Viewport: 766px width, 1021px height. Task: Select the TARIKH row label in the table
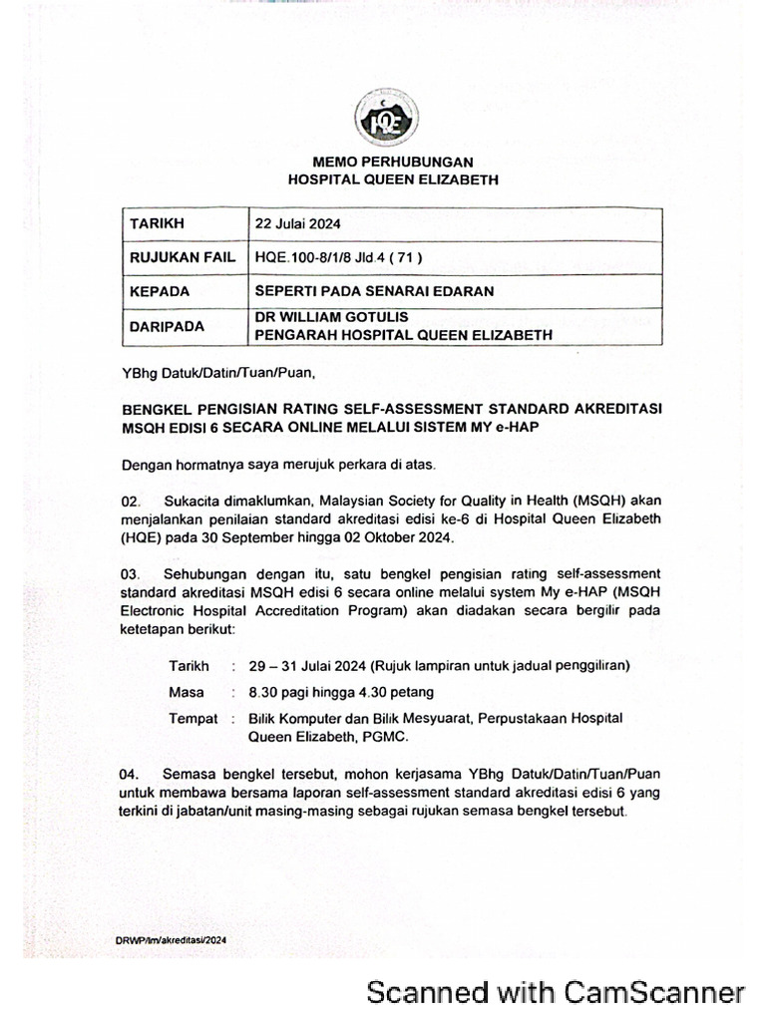pos(157,223)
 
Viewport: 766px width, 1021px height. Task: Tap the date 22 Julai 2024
pos(298,224)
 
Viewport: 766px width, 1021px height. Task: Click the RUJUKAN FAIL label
pos(182,257)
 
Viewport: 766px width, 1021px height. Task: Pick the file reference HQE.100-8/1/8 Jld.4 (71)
pos(339,257)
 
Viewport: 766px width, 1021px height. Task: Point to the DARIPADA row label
pos(167,326)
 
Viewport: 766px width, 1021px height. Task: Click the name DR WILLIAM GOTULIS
pos(332,317)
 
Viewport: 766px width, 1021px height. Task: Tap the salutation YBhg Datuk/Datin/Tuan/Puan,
pos(217,375)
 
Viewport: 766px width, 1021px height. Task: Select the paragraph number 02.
pos(131,501)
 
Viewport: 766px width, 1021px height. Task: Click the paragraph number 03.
pos(131,575)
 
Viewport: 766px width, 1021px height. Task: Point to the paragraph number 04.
pos(131,775)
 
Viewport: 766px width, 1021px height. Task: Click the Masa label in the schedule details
pos(187,692)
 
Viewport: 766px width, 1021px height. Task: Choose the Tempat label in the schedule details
pos(193,719)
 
